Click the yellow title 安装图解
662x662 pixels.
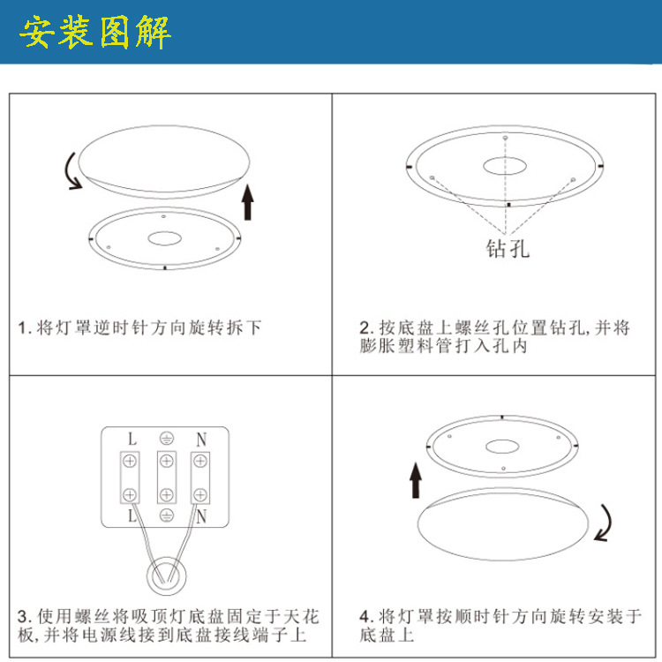pyautogui.click(x=95, y=32)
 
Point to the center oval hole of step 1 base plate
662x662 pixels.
pyautogui.click(x=164, y=238)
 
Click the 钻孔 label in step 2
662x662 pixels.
pyautogui.click(x=508, y=248)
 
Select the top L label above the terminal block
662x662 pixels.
pyautogui.click(x=131, y=439)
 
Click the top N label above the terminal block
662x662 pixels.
pyautogui.click(x=200, y=439)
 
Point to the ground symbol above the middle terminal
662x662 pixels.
pyautogui.click(x=165, y=439)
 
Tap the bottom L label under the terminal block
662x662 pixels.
pyautogui.click(x=131, y=514)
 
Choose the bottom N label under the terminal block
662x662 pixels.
pyautogui.click(x=200, y=514)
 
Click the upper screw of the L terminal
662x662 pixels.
pyautogui.click(x=131, y=461)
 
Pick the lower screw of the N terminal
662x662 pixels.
pyautogui.click(x=200, y=493)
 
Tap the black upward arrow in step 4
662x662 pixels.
pyautogui.click(x=416, y=482)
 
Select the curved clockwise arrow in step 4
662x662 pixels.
pyautogui.click(x=606, y=523)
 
